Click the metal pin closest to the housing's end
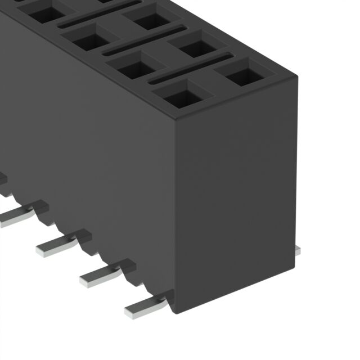click(x=145, y=304)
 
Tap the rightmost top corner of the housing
click(x=296, y=76)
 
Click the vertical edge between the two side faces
click(x=177, y=214)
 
